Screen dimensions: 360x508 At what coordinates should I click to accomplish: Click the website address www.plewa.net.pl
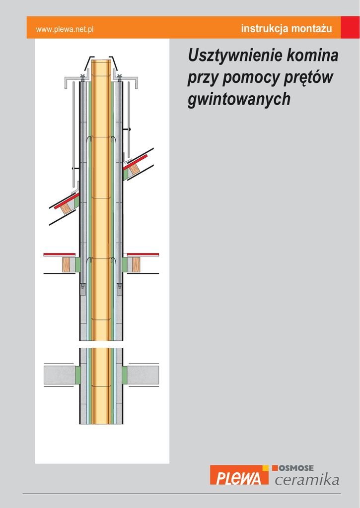point(65,29)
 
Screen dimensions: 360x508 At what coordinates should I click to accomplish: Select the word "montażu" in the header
point(311,28)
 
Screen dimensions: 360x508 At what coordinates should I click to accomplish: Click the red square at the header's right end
point(350,27)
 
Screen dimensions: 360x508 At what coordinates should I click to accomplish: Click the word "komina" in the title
point(312,55)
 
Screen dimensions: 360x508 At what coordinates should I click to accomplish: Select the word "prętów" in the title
point(308,78)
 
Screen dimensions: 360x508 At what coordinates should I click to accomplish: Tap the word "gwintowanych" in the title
point(239,99)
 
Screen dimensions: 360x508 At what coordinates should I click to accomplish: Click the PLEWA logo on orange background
point(239,475)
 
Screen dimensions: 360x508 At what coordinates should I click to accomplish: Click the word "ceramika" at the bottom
point(307,479)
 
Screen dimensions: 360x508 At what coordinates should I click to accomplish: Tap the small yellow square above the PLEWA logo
point(265,468)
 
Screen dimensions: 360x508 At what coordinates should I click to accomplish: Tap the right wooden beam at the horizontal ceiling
point(136,264)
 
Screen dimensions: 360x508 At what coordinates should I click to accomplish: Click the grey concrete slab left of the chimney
point(60,375)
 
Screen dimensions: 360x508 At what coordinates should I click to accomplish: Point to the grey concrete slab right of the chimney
point(143,375)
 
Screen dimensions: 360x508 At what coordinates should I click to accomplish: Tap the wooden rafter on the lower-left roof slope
point(67,207)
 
